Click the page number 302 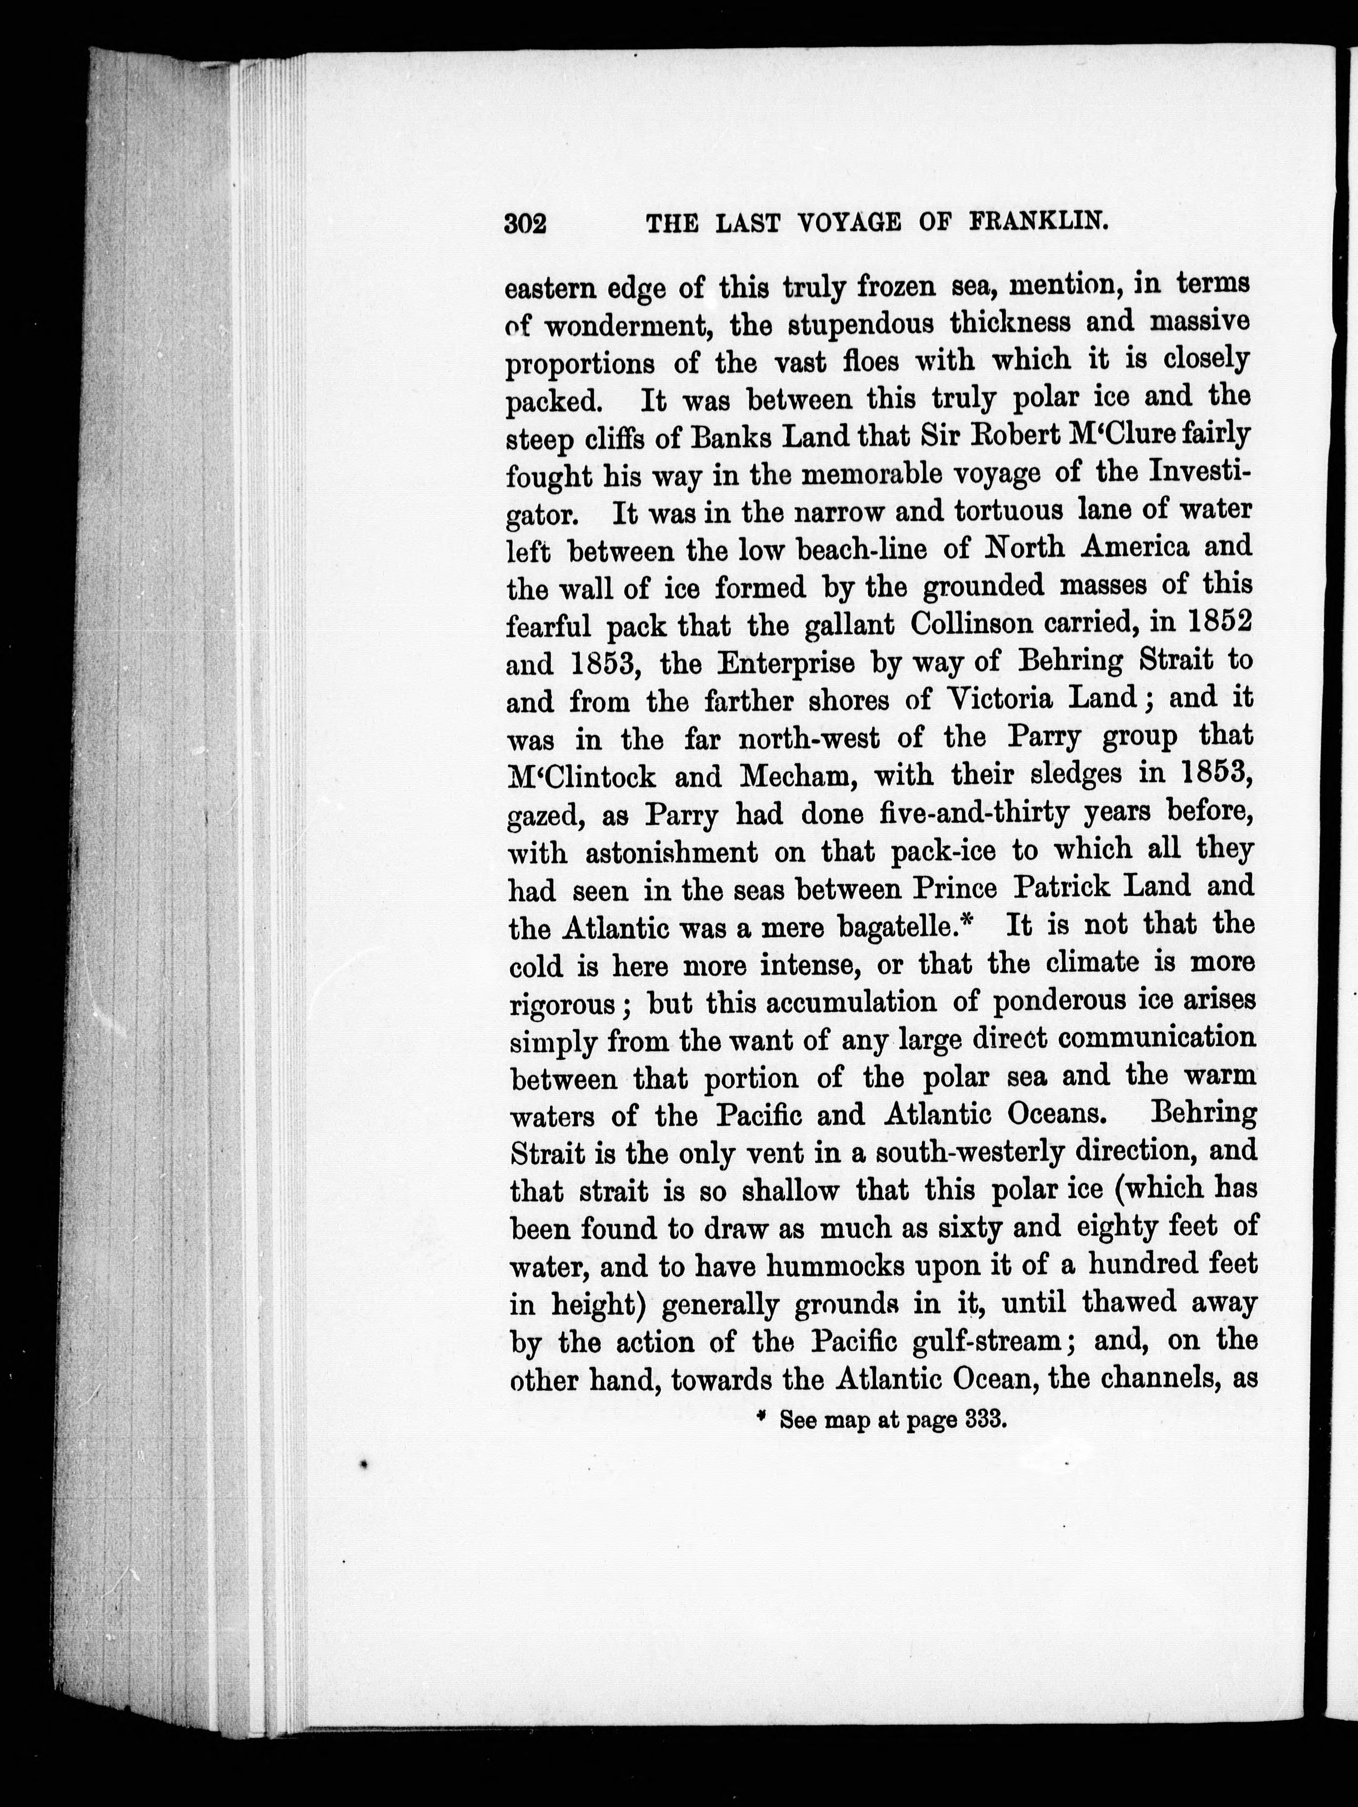525,223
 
